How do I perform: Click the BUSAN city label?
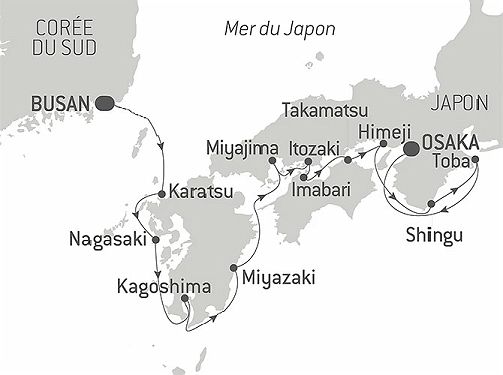click(61, 102)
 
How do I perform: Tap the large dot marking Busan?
click(105, 101)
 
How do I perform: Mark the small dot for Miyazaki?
click(234, 267)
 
